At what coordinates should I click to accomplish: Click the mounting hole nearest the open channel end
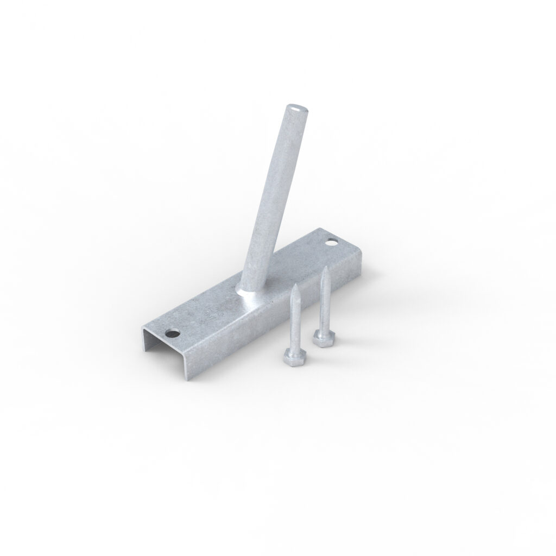[x=173, y=332]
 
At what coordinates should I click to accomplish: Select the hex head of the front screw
[x=293, y=356]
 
